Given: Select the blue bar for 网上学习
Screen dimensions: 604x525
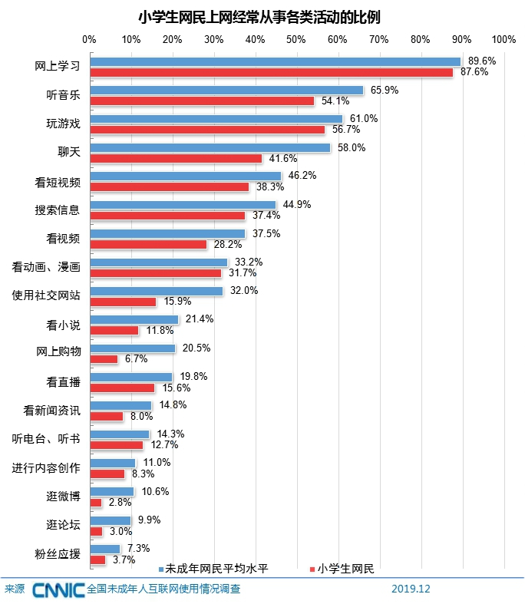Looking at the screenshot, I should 275,61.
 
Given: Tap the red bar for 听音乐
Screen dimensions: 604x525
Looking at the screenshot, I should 202,101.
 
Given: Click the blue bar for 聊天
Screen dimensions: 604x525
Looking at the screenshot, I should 210,147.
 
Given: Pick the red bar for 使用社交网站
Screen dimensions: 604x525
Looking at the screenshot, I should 123,302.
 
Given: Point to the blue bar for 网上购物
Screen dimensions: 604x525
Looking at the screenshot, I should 132,348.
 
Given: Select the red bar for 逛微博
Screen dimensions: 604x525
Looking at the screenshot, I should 96,503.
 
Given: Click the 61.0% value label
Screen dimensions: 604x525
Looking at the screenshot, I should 361,118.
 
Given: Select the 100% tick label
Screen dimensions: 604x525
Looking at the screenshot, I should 504,39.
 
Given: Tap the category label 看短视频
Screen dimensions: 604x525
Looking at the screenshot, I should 58,181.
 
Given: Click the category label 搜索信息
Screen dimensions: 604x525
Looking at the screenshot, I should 58,210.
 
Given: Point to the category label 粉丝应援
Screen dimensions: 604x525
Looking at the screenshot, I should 58,553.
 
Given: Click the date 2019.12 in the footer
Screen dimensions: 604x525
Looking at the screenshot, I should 411,589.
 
